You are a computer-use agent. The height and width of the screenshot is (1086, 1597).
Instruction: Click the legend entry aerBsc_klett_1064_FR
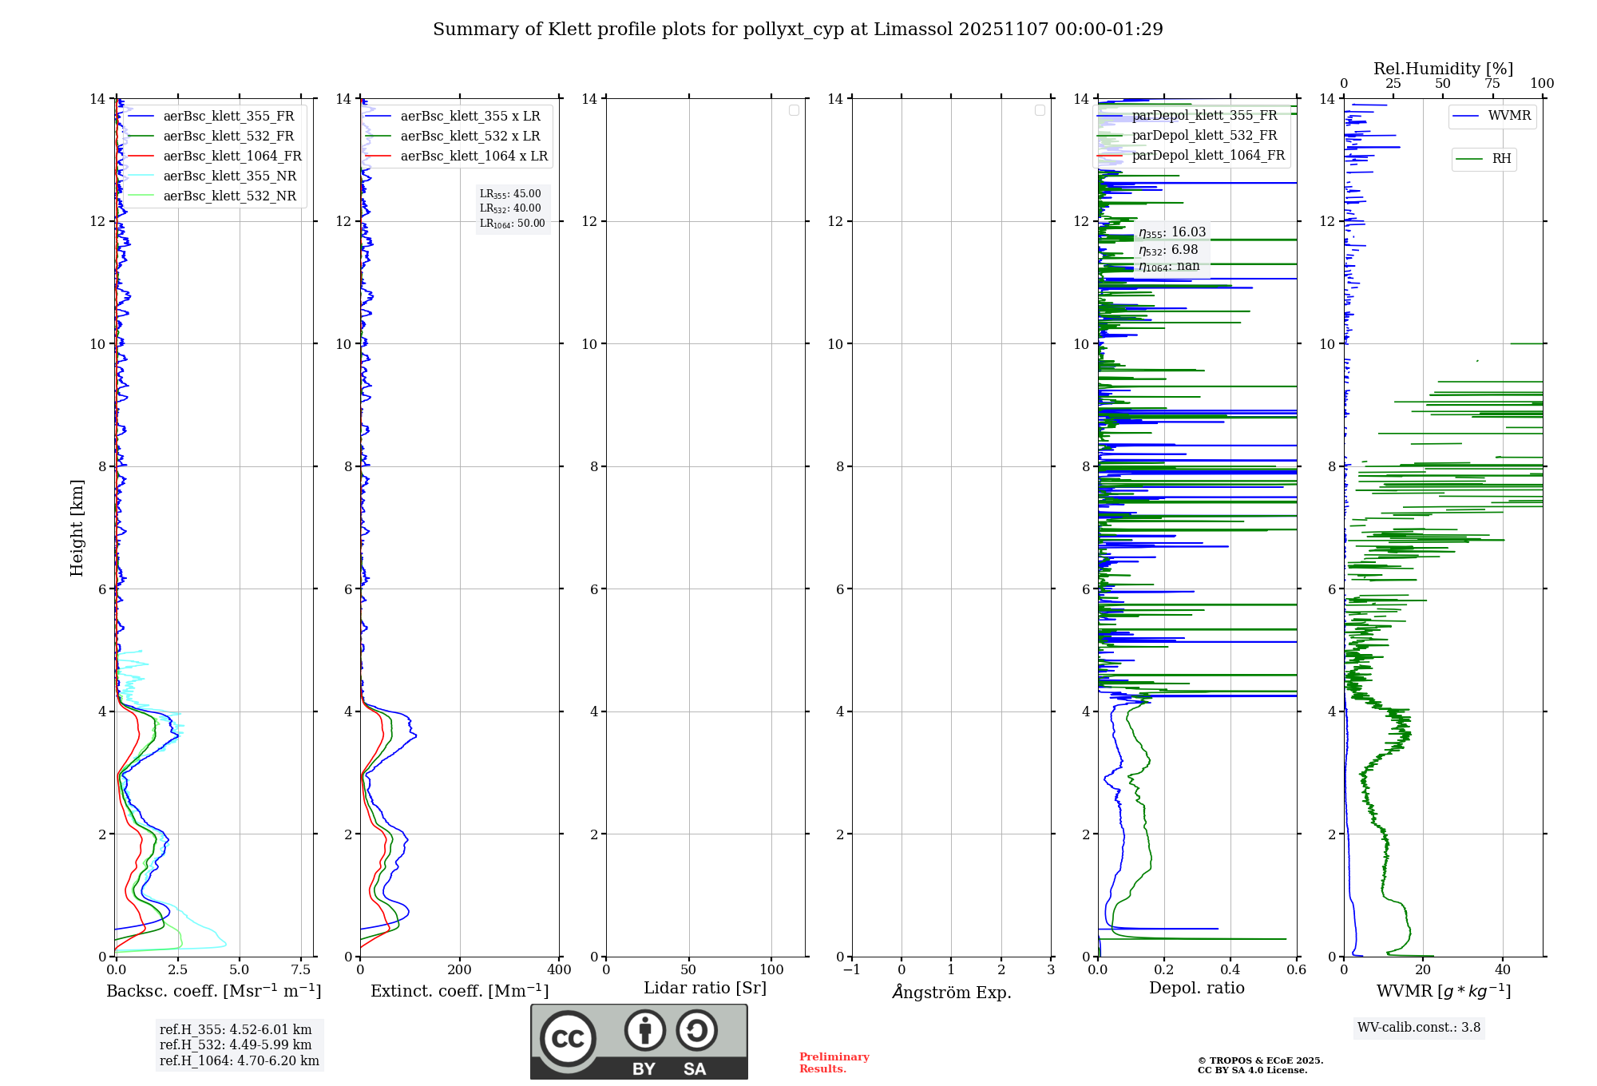(x=232, y=157)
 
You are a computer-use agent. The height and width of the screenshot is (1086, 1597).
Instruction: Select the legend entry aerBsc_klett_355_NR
(x=229, y=176)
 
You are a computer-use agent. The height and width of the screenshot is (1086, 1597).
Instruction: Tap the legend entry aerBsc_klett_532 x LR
(x=470, y=137)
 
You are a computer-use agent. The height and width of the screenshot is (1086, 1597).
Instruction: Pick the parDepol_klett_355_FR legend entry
(x=1204, y=116)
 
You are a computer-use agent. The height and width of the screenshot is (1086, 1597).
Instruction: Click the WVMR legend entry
(x=1509, y=116)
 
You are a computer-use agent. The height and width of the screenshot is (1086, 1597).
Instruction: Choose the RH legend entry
(x=1501, y=159)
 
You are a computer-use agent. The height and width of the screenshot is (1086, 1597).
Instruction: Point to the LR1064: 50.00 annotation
(x=512, y=224)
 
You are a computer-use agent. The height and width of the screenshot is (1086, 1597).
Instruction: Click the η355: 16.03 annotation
(x=1172, y=232)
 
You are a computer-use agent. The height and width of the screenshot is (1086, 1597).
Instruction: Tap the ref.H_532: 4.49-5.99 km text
(x=236, y=1045)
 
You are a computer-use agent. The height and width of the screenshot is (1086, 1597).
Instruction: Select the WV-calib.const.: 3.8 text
(x=1419, y=1028)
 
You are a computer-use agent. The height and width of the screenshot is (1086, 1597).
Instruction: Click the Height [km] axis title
(x=77, y=528)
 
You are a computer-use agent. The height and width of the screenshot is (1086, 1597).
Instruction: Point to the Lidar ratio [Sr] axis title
(x=705, y=989)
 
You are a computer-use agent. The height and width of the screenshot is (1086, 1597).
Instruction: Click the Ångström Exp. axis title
(x=952, y=993)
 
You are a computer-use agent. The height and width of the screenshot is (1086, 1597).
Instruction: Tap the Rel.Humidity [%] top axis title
(x=1443, y=69)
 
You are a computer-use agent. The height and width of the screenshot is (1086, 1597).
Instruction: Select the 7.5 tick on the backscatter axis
(x=301, y=970)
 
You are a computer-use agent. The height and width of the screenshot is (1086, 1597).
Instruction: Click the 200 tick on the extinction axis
(x=460, y=970)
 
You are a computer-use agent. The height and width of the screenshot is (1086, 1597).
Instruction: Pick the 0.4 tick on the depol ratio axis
(x=1230, y=970)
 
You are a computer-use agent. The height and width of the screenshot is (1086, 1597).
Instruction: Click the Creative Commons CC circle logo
(x=568, y=1039)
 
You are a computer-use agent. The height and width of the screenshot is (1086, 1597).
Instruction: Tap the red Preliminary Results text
(x=834, y=1063)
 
